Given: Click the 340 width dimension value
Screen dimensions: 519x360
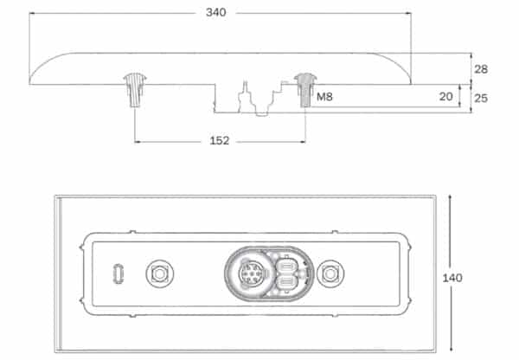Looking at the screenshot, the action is (215, 13).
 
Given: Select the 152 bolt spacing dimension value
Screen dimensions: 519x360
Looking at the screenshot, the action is (220, 141).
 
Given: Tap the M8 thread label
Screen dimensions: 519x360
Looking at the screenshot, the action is (324, 97).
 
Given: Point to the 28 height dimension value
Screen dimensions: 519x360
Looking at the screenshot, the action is (481, 69).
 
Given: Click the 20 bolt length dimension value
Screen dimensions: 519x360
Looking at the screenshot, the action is (445, 96).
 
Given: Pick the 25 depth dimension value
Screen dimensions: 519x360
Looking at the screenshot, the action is (481, 98).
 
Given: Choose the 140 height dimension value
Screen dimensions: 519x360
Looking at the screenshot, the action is (452, 278).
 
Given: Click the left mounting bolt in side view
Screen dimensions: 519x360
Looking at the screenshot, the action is (135, 89).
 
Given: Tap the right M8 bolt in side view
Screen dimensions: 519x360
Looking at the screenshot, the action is (305, 90).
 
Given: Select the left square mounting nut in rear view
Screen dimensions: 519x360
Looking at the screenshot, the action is (159, 273).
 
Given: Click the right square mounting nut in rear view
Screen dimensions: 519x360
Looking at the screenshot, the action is (330, 273).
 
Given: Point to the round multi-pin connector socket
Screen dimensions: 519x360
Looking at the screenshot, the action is (252, 273).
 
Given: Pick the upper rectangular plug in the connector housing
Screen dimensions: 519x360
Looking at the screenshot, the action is (286, 266).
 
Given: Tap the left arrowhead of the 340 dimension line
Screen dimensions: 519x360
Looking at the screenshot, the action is (32, 13).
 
